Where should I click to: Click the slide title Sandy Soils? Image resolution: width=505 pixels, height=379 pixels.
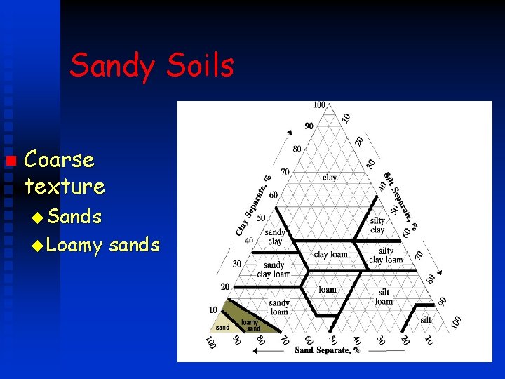pyautogui.click(x=151, y=66)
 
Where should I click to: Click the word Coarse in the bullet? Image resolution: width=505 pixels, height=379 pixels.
pyautogui.click(x=59, y=160)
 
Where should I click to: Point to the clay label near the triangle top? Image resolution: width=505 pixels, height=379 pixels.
pyautogui.click(x=330, y=178)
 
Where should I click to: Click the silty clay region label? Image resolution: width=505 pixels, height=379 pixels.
pyautogui.click(x=377, y=225)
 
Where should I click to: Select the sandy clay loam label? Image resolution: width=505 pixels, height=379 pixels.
pyautogui.click(x=274, y=270)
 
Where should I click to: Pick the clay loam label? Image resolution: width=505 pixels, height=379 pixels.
pyautogui.click(x=330, y=254)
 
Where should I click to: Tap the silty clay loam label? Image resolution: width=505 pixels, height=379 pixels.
pyautogui.click(x=386, y=255)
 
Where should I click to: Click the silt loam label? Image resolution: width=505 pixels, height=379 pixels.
pyautogui.click(x=384, y=297)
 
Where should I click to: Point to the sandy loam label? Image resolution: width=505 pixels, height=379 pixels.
pyautogui.click(x=279, y=307)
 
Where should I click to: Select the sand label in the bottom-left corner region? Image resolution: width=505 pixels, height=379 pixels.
pyautogui.click(x=222, y=327)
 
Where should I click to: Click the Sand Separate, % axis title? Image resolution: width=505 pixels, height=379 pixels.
pyautogui.click(x=327, y=350)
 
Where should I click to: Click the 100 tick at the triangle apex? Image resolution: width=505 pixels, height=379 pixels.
pyautogui.click(x=319, y=105)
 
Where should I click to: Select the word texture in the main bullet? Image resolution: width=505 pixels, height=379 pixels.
pyautogui.click(x=64, y=187)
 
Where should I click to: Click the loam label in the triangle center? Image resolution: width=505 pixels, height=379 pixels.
pyautogui.click(x=328, y=289)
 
